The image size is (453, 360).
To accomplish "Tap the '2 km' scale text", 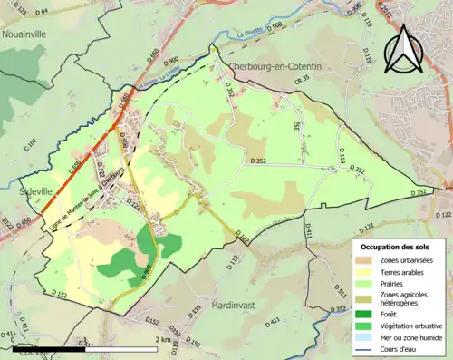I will coord(165,340).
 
